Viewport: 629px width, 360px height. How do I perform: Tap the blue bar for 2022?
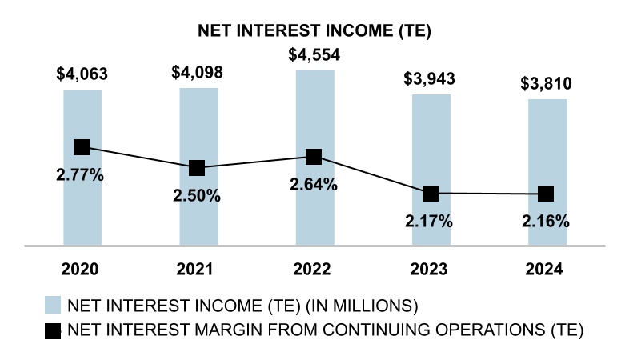pyautogui.click(x=314, y=208)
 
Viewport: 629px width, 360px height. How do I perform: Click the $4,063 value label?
pyautogui.click(x=82, y=74)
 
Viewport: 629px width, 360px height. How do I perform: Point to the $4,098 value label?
pyautogui.click(x=197, y=73)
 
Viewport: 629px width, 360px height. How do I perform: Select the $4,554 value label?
pyautogui.click(x=314, y=56)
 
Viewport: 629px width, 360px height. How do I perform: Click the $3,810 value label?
pyautogui.click(x=547, y=84)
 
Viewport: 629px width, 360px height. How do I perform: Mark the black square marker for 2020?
pyautogui.click(x=82, y=146)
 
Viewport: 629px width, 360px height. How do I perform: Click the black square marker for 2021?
pyautogui.click(x=198, y=168)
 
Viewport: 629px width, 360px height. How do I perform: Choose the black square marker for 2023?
pyautogui.click(x=431, y=193)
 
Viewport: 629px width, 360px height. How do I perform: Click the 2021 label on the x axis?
pyautogui.click(x=198, y=269)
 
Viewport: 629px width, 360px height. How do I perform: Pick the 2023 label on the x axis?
pyautogui.click(x=431, y=269)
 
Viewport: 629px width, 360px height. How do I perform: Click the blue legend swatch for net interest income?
pyautogui.click(x=53, y=305)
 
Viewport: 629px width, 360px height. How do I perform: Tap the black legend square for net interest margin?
pyautogui.click(x=53, y=329)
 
